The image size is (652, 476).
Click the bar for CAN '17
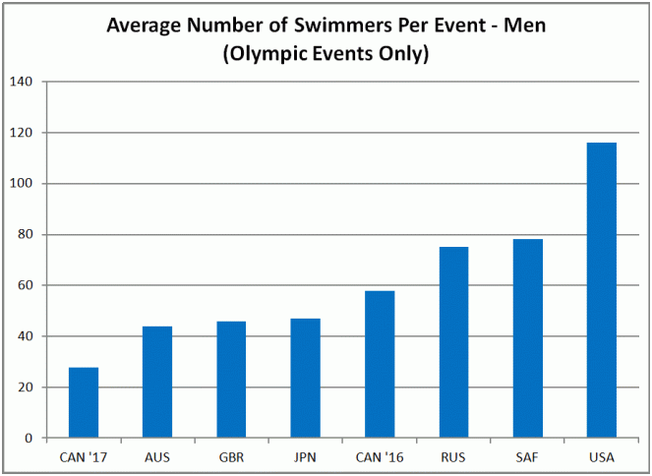[84, 402]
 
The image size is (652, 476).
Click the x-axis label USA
[601, 457]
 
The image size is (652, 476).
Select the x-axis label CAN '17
[84, 457]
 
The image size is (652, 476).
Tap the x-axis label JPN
[305, 457]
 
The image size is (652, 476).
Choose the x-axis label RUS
[453, 457]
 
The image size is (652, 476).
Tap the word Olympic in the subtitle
[264, 53]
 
